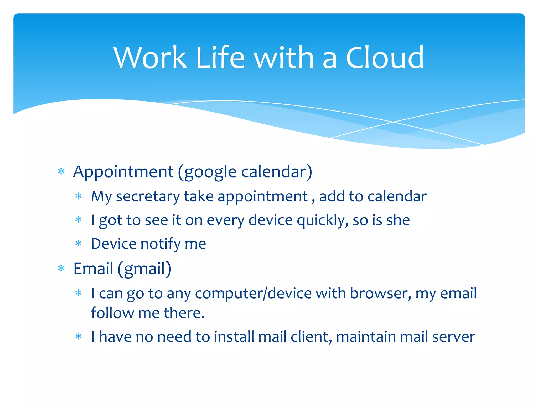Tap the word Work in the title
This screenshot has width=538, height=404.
click(x=150, y=58)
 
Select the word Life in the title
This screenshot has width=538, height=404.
click(x=220, y=58)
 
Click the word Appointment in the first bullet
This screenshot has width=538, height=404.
click(x=123, y=172)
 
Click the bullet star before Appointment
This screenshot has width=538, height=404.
click(x=61, y=172)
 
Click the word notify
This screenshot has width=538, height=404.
click(x=161, y=244)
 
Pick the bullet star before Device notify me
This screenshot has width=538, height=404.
click(x=79, y=243)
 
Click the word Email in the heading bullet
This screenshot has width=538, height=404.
click(x=93, y=269)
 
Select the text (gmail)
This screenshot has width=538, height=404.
click(x=144, y=269)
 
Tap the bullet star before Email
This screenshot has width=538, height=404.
click(x=61, y=269)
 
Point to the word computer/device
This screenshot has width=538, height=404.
click(x=253, y=294)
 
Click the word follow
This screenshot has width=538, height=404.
click(x=112, y=313)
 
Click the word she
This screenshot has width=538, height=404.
click(x=398, y=220)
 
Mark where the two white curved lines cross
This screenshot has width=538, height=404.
click(x=393, y=122)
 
